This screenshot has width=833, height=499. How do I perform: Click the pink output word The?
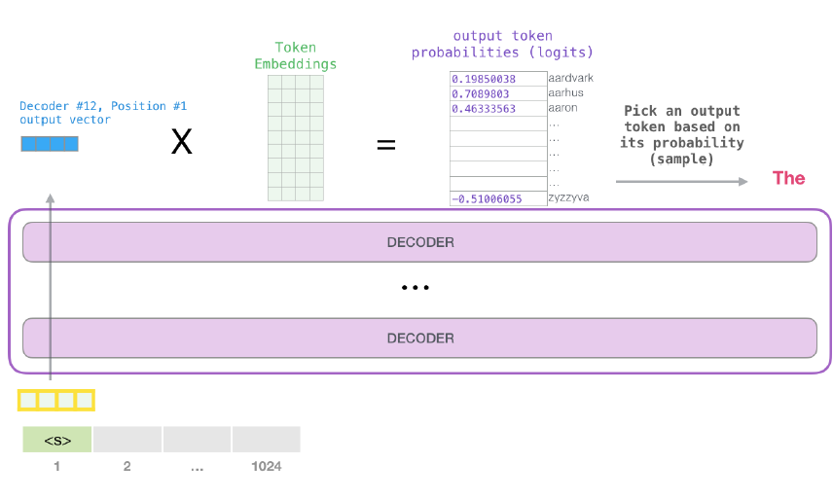pyautogui.click(x=788, y=178)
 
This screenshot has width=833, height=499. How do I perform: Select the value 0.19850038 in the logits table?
pyautogui.click(x=484, y=79)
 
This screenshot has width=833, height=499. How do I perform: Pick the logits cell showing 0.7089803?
pyautogui.click(x=480, y=93)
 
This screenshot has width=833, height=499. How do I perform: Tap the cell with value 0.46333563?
pyautogui.click(x=484, y=109)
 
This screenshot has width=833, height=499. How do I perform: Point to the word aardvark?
pyautogui.click(x=571, y=78)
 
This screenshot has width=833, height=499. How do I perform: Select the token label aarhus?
pyautogui.click(x=565, y=93)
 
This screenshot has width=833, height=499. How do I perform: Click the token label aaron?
pyautogui.click(x=562, y=108)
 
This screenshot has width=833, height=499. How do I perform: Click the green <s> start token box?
pyautogui.click(x=57, y=439)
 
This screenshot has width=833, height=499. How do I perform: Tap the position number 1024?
pyautogui.click(x=266, y=467)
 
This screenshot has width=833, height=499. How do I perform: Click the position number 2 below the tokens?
pyautogui.click(x=127, y=467)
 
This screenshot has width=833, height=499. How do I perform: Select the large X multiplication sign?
pyautogui.click(x=181, y=143)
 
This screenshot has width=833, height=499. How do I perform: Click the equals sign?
pyautogui.click(x=386, y=145)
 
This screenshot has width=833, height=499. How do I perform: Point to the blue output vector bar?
pyautogui.click(x=50, y=144)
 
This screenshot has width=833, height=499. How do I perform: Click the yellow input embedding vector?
pyautogui.click(x=56, y=400)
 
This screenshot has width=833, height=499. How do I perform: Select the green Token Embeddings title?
pyautogui.click(x=295, y=54)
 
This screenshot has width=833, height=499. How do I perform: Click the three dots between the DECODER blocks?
pyautogui.click(x=416, y=288)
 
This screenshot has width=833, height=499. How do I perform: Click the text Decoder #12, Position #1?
pyautogui.click(x=103, y=105)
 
